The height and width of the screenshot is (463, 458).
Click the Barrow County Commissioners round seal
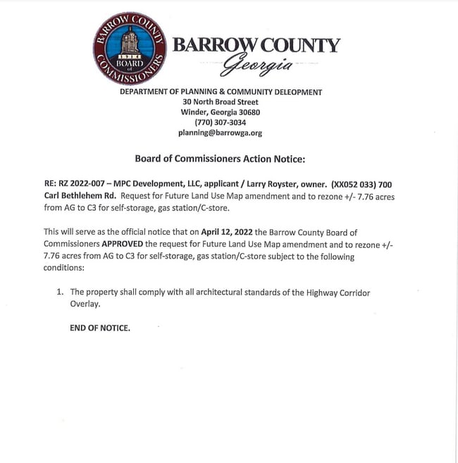tap(130, 49)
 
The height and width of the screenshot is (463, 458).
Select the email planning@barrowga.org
tap(221, 132)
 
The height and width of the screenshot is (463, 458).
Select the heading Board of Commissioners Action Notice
tap(220, 159)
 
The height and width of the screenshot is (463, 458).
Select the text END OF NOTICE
tap(100, 328)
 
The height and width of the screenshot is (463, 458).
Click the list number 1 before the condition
tap(58, 292)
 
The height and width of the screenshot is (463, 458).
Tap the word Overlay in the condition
tap(85, 304)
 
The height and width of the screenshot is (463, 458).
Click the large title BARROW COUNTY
tap(256, 46)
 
